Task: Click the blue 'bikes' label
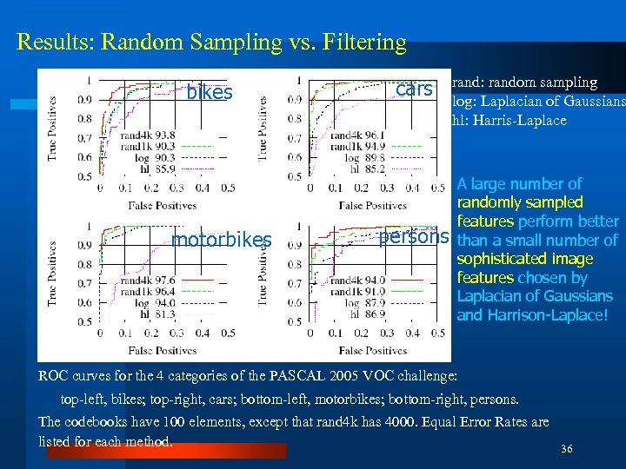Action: (x=210, y=93)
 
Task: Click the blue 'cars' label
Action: (x=414, y=89)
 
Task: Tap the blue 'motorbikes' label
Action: (x=222, y=241)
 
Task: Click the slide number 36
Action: (x=567, y=449)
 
